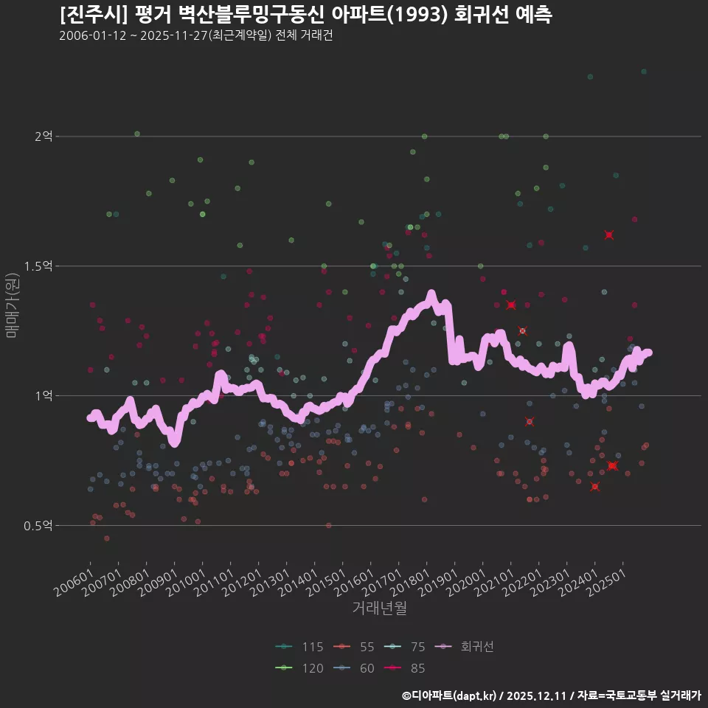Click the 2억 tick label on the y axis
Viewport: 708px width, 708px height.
[x=44, y=136]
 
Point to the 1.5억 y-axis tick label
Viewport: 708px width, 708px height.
[x=39, y=266]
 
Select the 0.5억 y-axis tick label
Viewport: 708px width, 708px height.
[x=39, y=526]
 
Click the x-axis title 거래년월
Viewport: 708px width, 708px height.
[x=379, y=608]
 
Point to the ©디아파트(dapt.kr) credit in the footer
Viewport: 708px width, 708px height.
[x=451, y=695]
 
